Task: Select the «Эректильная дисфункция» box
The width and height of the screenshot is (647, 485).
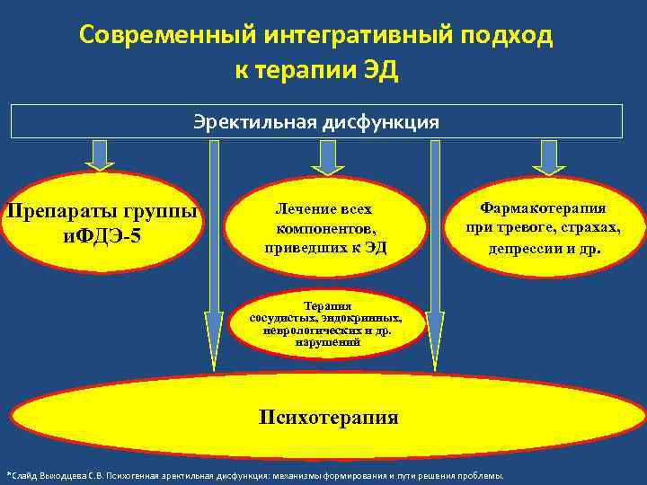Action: tap(316, 121)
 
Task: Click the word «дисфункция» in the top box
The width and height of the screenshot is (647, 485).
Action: tap(392, 121)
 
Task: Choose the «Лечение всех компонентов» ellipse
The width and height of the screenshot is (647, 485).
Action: tap(325, 227)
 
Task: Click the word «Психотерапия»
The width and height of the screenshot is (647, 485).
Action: tap(327, 417)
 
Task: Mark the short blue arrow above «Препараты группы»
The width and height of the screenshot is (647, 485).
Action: tap(100, 155)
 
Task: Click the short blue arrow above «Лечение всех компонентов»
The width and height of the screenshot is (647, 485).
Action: tap(328, 156)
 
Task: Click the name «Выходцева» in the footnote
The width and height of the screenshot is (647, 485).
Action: tap(70, 475)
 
